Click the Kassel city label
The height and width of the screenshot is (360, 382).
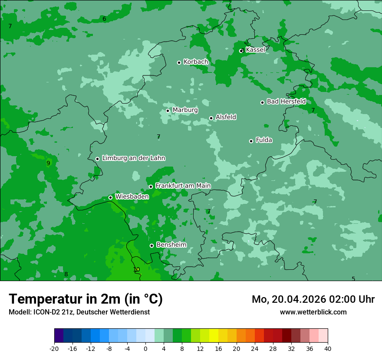tap(255, 50)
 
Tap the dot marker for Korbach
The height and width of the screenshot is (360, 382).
tap(179, 62)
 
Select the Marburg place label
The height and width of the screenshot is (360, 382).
tap(185, 110)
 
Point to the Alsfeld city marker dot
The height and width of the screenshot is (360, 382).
tap(211, 118)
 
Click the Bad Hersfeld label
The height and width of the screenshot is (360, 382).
tap(286, 101)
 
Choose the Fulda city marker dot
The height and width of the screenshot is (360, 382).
tap(251, 141)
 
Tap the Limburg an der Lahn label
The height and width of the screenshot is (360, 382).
tap(133, 158)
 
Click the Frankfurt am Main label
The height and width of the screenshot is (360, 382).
tap(183, 186)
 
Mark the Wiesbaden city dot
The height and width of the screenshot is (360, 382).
tap(110, 197)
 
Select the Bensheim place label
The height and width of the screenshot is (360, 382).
tap(171, 245)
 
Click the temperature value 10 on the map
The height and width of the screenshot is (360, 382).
tap(136, 270)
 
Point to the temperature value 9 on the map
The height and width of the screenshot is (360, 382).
tap(48, 164)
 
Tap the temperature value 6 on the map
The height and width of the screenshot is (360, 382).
tap(104, 19)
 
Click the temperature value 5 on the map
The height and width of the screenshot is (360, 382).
tap(353, 279)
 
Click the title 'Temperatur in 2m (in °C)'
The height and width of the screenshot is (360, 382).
tap(86, 299)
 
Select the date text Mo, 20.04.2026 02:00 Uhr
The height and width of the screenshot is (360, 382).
tap(313, 299)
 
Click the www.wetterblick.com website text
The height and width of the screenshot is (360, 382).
tap(313, 312)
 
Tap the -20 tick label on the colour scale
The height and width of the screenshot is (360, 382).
tap(54, 349)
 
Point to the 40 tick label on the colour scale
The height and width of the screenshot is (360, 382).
tap(328, 349)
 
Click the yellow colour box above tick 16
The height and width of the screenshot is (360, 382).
tap(214, 336)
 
